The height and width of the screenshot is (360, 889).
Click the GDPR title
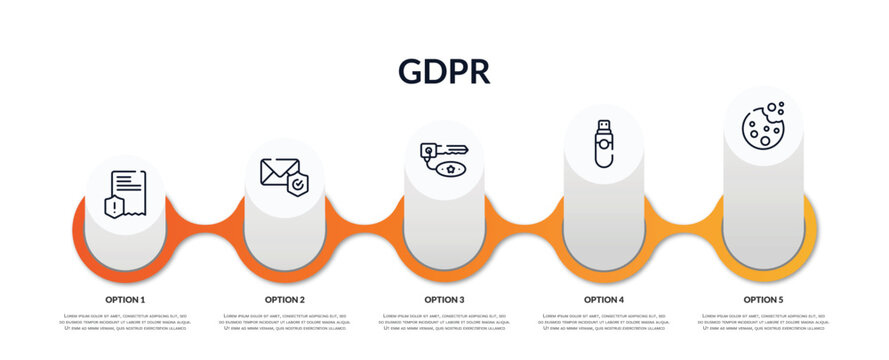point(443,71)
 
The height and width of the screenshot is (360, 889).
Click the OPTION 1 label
point(125,299)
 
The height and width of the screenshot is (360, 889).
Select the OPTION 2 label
point(285,299)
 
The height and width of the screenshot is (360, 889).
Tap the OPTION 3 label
point(444,299)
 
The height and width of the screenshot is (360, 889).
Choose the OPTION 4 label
point(604,299)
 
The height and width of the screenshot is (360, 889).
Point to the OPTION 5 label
point(763,299)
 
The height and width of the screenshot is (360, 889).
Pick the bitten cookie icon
point(763,125)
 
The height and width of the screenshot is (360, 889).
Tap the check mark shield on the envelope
point(297,183)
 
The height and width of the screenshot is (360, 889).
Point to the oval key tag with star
point(453,169)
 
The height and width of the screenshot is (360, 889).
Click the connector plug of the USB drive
point(603,127)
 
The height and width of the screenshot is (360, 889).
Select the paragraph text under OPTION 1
point(125,322)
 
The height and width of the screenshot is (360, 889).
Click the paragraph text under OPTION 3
point(444,322)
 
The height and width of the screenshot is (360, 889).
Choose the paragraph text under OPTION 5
point(763,322)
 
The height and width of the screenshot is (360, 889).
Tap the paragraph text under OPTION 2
point(285,322)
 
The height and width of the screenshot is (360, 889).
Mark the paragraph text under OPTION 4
point(604,322)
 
